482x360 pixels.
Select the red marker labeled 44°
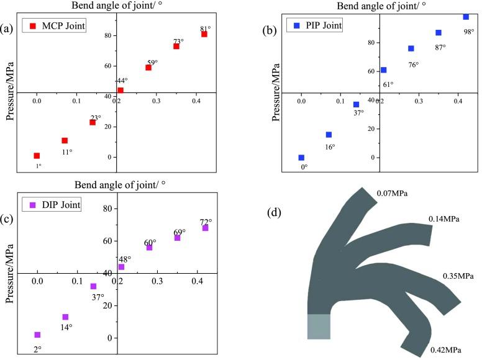(120, 90)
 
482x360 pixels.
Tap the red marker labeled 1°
(37, 156)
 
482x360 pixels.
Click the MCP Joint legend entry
(55, 26)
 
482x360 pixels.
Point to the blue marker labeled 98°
(466, 17)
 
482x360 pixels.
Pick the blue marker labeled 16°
(329, 135)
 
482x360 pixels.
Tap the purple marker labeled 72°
(205, 228)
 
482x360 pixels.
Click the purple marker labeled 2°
(37, 335)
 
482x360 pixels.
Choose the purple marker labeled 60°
(149, 248)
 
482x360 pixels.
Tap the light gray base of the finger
(319, 326)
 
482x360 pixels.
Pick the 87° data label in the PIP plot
(440, 47)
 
